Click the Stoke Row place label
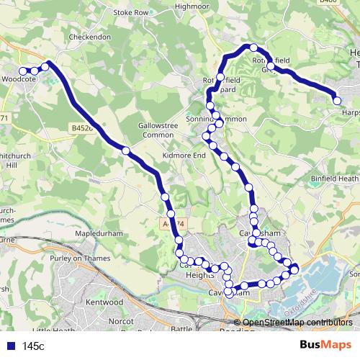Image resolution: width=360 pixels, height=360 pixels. click(130, 12)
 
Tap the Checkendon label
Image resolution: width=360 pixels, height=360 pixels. click(89, 37)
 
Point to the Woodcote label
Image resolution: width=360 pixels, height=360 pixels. click(19, 78)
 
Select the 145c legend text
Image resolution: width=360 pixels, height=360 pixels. click(33, 346)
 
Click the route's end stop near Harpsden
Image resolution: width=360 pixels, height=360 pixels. click(337, 101)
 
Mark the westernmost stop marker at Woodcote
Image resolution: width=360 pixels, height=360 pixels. click(22, 71)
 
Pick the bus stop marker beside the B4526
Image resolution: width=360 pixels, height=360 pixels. click(126, 150)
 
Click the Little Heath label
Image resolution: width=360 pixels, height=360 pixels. click(49, 330)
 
